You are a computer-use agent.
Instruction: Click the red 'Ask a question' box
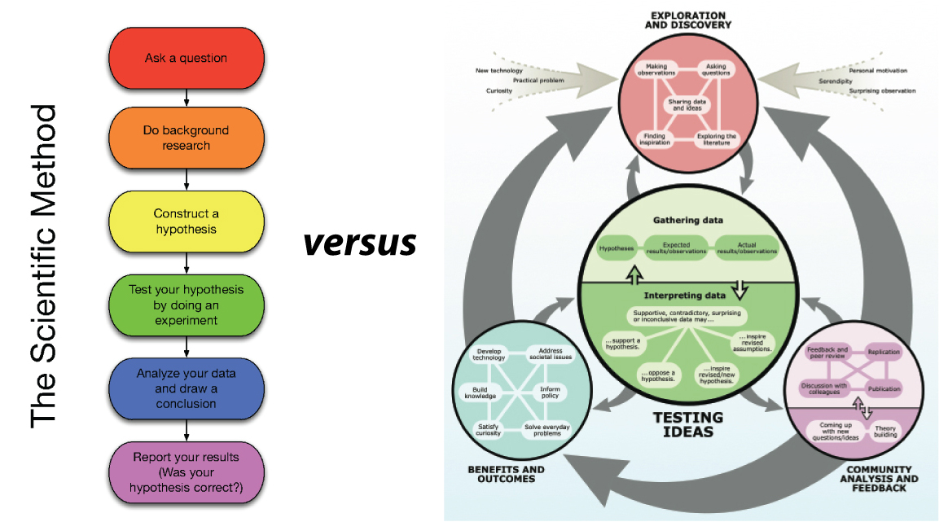point(186,59)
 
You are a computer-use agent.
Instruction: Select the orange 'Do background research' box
point(186,138)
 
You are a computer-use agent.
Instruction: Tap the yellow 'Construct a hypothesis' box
point(186,222)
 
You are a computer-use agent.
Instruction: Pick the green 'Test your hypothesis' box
point(186,305)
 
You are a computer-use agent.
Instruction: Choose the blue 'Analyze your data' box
point(186,388)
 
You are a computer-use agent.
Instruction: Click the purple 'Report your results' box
point(186,472)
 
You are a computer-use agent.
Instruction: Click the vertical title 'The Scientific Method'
point(44,265)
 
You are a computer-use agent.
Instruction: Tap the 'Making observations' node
point(656,70)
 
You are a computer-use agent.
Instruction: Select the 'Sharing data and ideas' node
point(687,105)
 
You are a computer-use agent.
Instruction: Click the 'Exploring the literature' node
point(716,139)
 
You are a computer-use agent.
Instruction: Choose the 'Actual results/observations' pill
point(746,248)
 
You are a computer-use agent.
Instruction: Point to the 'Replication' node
point(884,353)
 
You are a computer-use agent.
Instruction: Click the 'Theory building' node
point(885,431)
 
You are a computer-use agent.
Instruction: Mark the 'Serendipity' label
point(836,81)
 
